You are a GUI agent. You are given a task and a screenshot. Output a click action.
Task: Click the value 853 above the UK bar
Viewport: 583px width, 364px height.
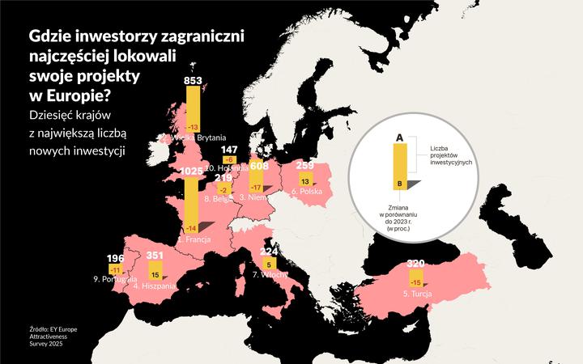(193, 81)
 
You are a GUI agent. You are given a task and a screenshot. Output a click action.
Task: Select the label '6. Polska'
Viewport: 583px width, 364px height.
(307, 193)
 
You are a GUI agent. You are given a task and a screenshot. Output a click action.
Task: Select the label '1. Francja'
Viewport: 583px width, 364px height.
(194, 240)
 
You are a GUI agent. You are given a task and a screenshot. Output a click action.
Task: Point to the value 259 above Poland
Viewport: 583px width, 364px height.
(305, 166)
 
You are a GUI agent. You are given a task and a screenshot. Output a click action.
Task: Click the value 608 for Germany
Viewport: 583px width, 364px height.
(259, 166)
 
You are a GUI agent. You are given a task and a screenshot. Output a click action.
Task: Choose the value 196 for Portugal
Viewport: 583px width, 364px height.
(116, 259)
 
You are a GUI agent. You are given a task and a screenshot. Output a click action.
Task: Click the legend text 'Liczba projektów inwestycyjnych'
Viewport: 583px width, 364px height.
(452, 154)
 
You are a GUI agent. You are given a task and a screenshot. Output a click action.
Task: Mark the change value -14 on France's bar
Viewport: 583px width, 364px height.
(192, 229)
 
